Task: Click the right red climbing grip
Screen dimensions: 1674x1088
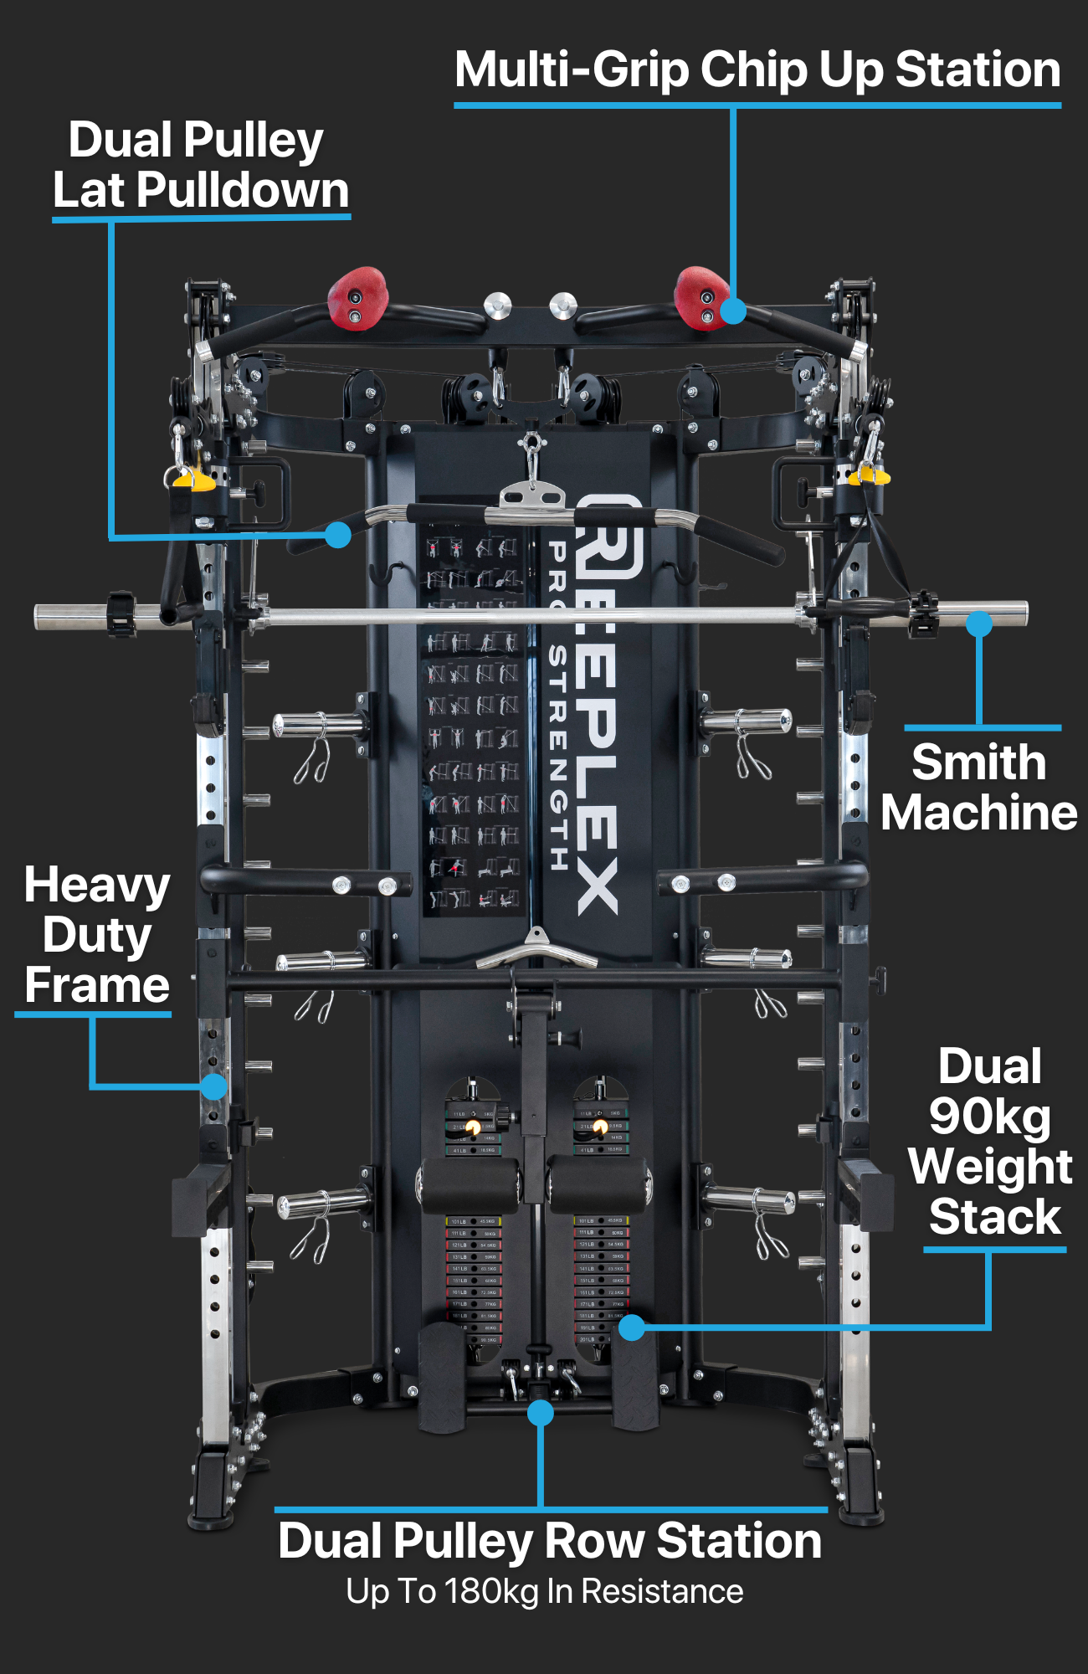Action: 700,297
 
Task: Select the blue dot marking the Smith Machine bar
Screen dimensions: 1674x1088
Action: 978,624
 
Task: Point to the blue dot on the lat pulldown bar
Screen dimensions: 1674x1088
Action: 337,535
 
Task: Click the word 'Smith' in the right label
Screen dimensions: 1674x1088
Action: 978,763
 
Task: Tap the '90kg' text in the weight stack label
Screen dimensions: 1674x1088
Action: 989,1117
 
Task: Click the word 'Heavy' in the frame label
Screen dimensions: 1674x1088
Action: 97,886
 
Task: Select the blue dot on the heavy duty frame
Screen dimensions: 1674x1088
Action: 214,1086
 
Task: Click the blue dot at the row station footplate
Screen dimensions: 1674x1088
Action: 541,1413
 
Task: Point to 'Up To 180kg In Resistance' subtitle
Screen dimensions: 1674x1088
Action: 545,1591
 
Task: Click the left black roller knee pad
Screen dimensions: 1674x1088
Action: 469,1184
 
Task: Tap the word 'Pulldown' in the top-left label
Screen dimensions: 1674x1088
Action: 242,190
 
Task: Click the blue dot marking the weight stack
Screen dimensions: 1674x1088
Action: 632,1327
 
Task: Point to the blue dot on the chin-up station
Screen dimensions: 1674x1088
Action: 733,311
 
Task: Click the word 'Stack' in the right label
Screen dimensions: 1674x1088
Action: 994,1216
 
